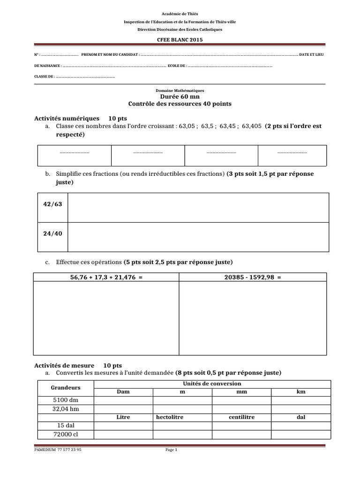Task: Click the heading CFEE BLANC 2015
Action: [x=180, y=39]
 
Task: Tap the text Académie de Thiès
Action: [x=180, y=15]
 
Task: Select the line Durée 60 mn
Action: [x=180, y=97]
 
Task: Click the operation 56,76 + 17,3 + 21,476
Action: [x=106, y=277]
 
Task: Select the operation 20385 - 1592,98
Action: [x=253, y=277]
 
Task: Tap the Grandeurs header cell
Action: [x=66, y=388]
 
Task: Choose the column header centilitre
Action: [x=241, y=417]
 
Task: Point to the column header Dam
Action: [x=123, y=391]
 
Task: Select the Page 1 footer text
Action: [x=171, y=450]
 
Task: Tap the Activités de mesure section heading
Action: [x=64, y=365]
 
